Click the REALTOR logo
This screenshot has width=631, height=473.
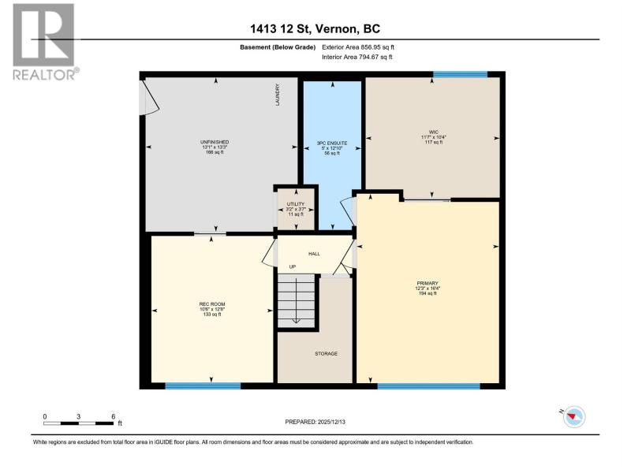(45, 42)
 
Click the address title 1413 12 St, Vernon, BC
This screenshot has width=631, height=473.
(315, 29)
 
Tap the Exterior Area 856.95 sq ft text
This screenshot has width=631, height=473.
(358, 47)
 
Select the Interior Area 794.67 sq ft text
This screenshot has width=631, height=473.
(357, 57)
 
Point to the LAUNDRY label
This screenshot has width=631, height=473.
(278, 95)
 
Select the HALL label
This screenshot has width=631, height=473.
(314, 254)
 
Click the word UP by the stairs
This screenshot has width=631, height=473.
(293, 266)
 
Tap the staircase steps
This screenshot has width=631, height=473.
(297, 300)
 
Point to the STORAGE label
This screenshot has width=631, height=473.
(326, 353)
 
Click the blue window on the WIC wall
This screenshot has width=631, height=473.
(461, 74)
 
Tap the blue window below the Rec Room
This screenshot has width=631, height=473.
(203, 386)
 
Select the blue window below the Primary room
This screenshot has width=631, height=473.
(428, 386)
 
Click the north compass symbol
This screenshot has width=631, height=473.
(574, 417)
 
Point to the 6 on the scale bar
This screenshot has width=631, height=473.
(114, 417)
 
